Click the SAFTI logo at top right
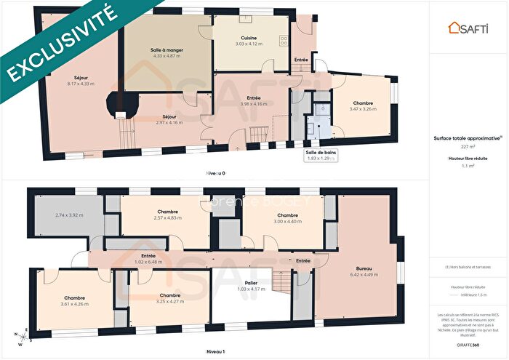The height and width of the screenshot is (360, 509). [468, 28]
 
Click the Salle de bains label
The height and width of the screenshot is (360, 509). [320, 151]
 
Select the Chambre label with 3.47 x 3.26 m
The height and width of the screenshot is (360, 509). [364, 103]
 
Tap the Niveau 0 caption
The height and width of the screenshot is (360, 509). [215, 173]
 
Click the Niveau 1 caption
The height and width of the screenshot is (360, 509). [215, 351]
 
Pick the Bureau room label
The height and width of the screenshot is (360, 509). [365, 268]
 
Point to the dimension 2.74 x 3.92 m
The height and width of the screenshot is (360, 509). [70, 215]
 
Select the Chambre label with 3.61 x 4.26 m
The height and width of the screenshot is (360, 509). [75, 297]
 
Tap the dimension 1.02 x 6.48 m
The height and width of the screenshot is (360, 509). [149, 262]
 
